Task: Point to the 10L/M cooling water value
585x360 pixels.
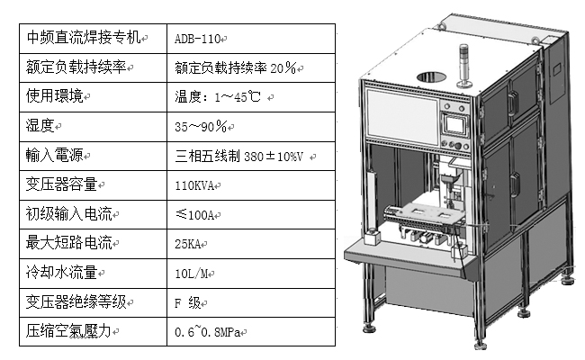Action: [x=193, y=273]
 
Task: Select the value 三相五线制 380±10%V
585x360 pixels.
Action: [x=242, y=156]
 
